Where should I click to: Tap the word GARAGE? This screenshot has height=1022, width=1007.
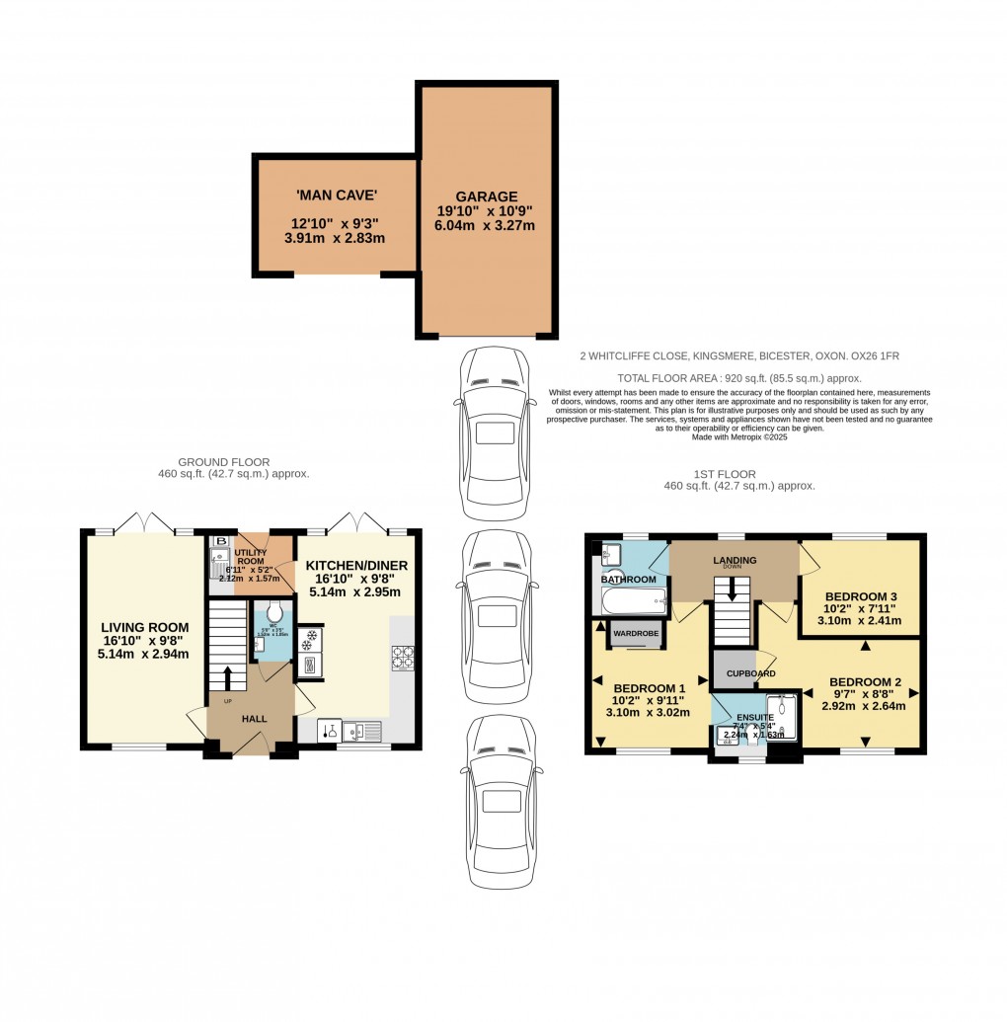[486, 197]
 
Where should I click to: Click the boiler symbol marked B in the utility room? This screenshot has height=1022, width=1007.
[220, 541]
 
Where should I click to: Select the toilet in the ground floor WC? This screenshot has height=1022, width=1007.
[273, 609]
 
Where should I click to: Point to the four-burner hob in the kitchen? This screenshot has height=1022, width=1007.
[404, 658]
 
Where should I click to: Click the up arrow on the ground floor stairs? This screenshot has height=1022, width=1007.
[227, 678]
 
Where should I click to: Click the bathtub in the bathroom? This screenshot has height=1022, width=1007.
[632, 598]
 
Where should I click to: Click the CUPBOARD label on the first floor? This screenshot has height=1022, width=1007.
[750, 673]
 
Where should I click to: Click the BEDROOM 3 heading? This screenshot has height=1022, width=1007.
[862, 596]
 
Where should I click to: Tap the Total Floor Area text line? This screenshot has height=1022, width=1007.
[739, 378]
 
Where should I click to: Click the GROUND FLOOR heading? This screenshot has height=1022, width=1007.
[224, 462]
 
